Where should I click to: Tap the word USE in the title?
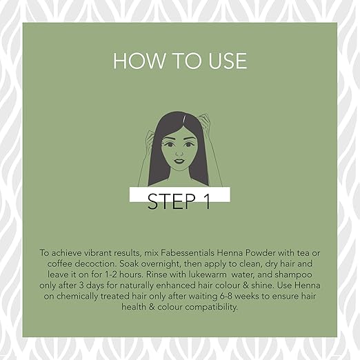tap(228, 61)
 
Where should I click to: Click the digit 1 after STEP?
tap(207, 201)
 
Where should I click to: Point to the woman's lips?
tap(179, 161)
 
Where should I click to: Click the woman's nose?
tap(179, 152)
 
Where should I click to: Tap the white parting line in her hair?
tap(184, 119)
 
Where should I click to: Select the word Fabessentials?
tap(188, 253)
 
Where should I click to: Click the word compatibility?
tap(211, 308)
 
